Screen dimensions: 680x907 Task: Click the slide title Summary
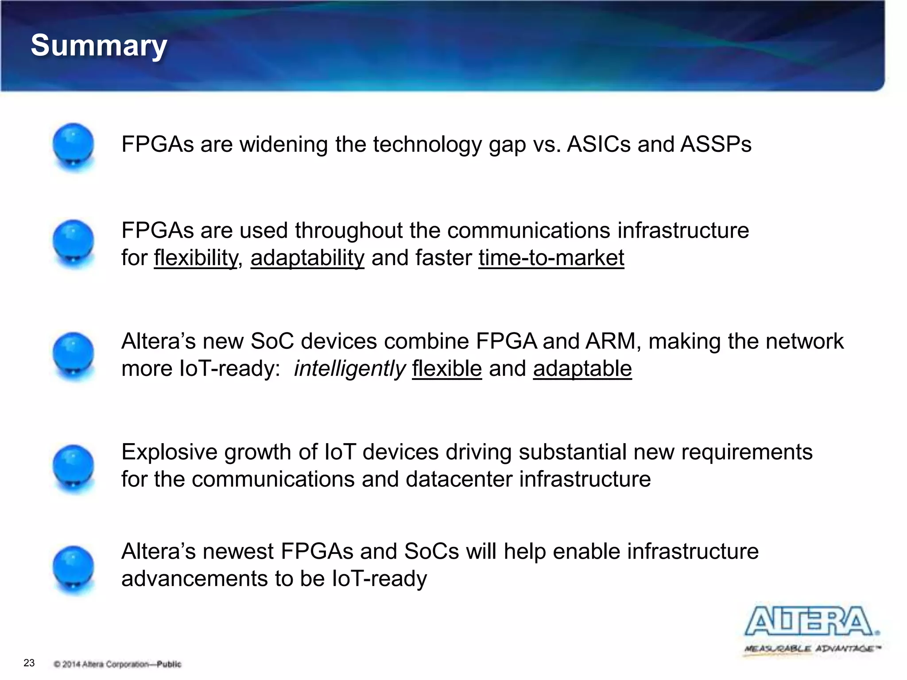99,46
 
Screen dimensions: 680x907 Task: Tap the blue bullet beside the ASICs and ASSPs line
73,147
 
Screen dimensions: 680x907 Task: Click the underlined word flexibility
196,258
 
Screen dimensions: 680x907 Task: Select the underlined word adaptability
307,258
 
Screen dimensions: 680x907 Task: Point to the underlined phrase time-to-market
551,258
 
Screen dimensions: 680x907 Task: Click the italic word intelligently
349,368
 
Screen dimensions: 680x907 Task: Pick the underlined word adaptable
582,368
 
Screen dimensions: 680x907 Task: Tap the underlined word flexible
447,368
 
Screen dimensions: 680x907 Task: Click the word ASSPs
716,144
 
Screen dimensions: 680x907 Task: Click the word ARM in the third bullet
610,341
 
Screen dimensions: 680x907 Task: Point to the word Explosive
170,452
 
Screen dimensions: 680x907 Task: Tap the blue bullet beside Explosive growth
73,468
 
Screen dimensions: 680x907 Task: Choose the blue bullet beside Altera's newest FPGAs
73,569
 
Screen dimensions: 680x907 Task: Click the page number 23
29,663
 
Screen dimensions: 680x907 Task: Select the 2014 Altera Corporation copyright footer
117,664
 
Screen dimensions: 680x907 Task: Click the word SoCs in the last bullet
432,552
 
